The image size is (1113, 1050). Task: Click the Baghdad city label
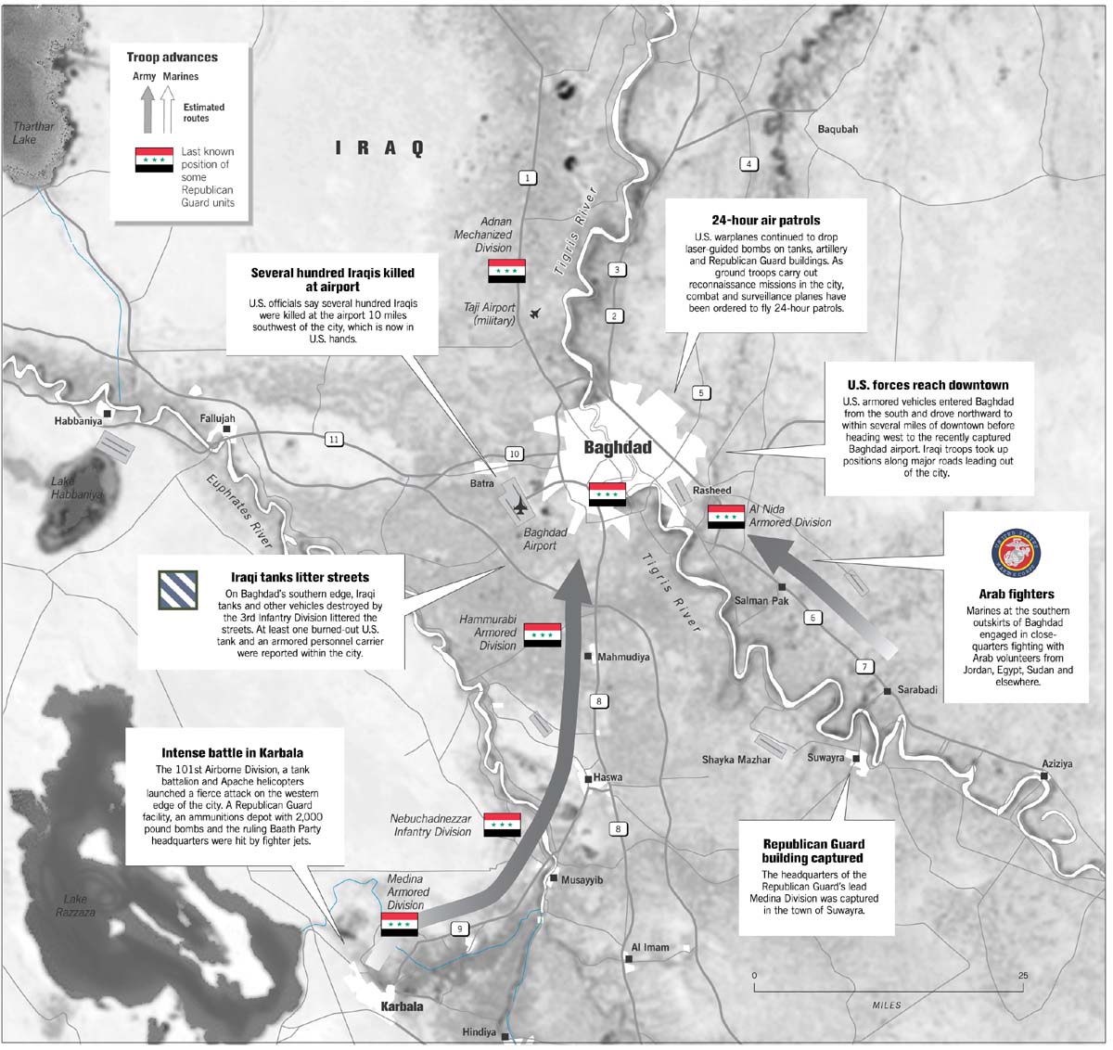pos(617,447)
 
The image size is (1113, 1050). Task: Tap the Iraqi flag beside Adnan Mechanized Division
pos(506,271)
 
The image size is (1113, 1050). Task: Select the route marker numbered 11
pos(334,440)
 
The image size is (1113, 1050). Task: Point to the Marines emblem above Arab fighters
pos(1016,556)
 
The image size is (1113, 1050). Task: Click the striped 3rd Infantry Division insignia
pos(176,590)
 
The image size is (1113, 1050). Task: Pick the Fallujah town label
pos(218,419)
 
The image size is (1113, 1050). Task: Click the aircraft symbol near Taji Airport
pos(535,314)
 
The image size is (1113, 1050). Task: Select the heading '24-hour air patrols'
pos(765,221)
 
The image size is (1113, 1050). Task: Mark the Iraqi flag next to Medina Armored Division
pos(399,924)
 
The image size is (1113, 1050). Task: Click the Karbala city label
pos(402,1006)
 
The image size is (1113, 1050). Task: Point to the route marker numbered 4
pos(748,164)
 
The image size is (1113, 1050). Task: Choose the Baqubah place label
pos(837,129)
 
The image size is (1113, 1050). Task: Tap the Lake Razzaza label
pos(75,905)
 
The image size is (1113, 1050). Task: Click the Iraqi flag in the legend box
pos(154,160)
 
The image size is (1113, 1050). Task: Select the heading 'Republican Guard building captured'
pos(812,851)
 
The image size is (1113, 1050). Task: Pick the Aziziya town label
pos(1056,763)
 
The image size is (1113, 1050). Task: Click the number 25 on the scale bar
pos(1022,976)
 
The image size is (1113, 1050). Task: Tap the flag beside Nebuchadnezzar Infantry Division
pos(502,825)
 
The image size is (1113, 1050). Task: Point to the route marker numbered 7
pos(864,666)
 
